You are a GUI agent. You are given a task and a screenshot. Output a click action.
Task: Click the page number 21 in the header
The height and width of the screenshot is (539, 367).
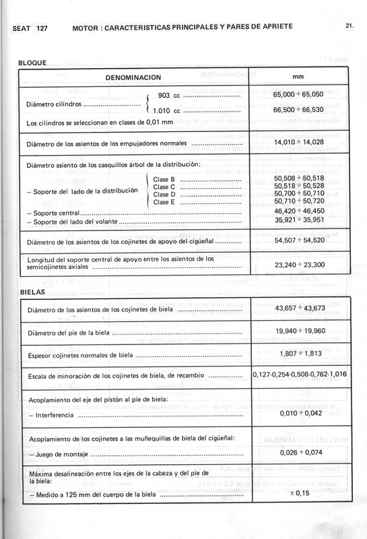(349, 28)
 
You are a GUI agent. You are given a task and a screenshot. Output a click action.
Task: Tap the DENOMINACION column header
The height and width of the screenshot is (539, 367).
(134, 77)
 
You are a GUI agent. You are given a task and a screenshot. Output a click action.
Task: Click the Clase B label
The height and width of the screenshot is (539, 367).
(164, 179)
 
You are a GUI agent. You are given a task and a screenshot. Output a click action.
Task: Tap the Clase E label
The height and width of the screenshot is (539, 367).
(164, 202)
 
